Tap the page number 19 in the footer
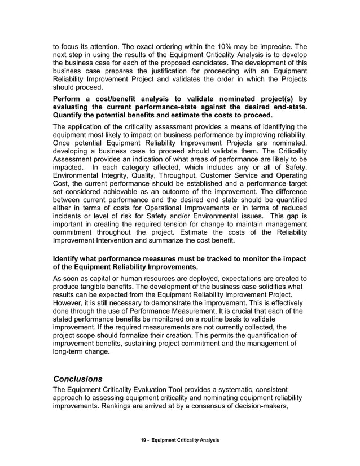pyautogui.click(x=144, y=439)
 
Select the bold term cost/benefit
pyautogui.click(x=120, y=99)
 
